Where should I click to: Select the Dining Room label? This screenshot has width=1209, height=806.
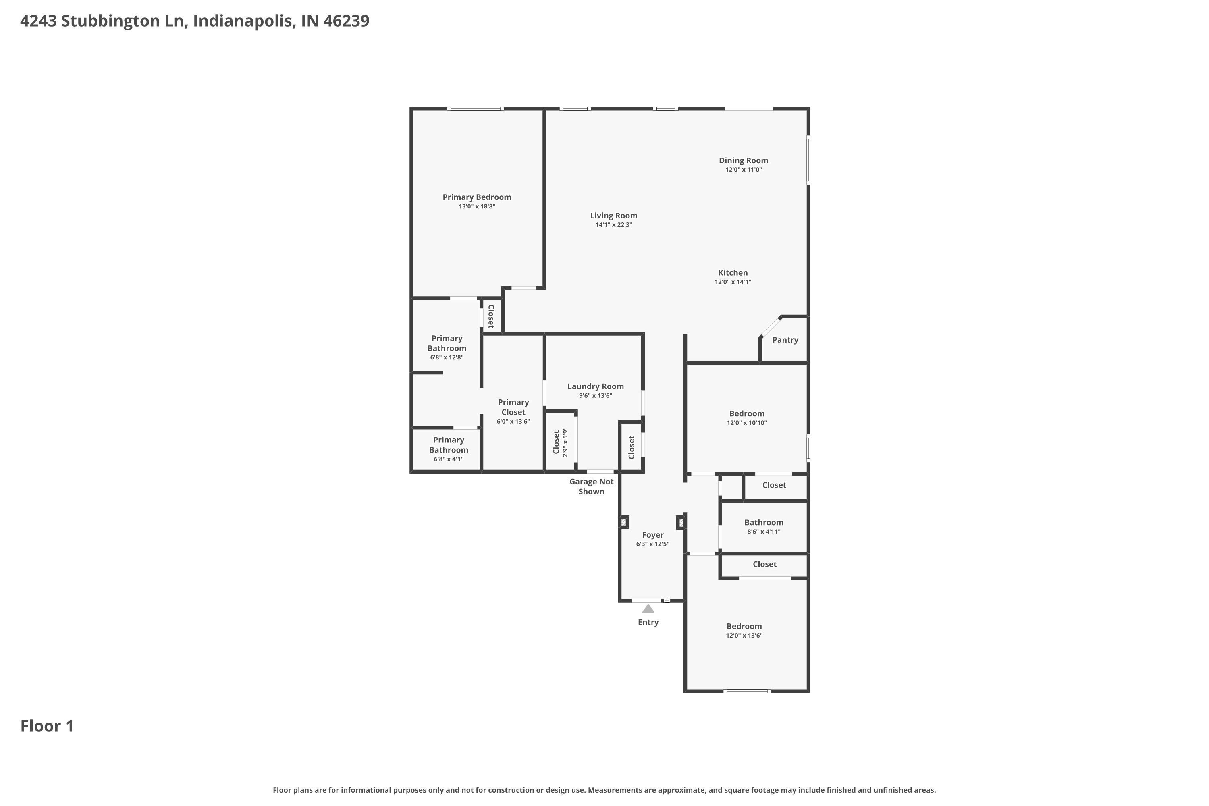[743, 160]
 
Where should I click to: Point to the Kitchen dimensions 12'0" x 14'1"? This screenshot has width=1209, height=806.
[733, 282]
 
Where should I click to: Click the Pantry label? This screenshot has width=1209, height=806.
[785, 340]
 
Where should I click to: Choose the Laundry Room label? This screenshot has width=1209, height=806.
[595, 386]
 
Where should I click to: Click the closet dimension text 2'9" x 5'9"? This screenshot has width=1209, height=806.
[565, 442]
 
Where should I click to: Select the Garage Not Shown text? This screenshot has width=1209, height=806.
[591, 486]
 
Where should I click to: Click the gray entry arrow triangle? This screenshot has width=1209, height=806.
[648, 609]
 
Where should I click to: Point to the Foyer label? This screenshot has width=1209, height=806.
[652, 535]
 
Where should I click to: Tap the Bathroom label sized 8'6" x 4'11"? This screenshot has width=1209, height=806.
[763, 522]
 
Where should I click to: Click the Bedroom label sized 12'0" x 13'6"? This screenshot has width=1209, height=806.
[744, 626]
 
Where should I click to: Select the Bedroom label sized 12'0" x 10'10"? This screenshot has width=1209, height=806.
[746, 413]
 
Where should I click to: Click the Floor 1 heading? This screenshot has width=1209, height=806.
[47, 726]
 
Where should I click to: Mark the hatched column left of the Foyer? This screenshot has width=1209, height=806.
[623, 522]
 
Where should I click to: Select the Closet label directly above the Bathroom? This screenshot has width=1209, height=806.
[774, 485]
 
